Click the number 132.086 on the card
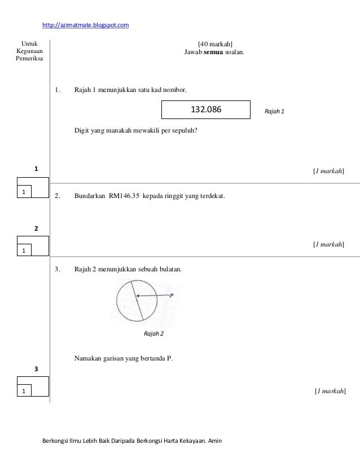coord(205,110)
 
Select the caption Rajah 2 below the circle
coord(153,334)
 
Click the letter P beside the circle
coord(171,295)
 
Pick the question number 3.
coord(57,270)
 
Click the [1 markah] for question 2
coord(329,244)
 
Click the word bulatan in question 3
coord(171,270)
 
